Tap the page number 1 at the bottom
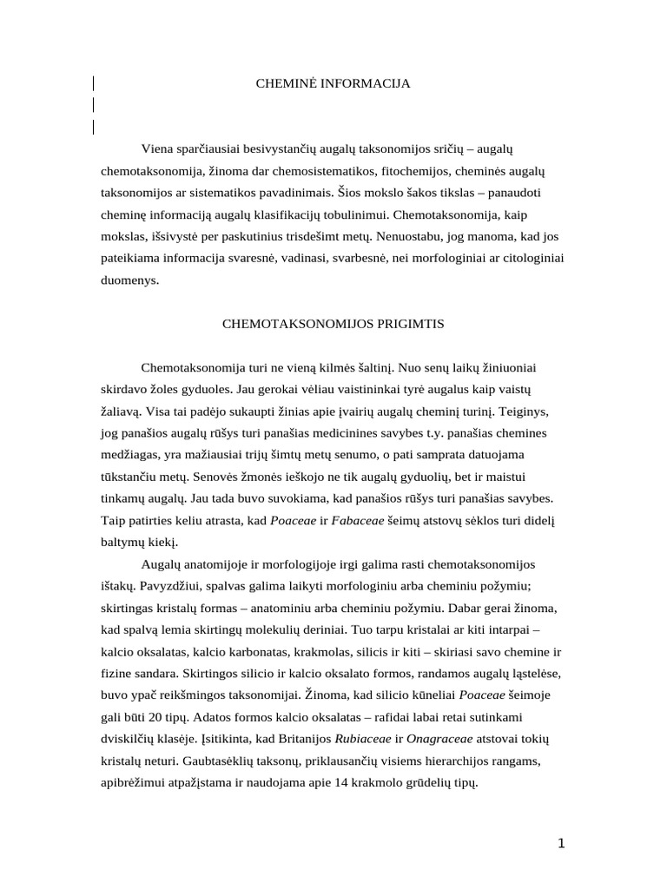(561, 843)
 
